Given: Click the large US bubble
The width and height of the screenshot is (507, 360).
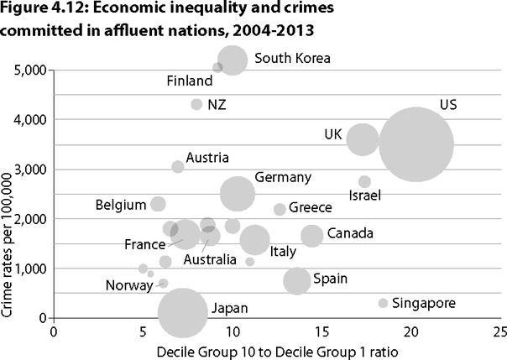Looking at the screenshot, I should point(416,144).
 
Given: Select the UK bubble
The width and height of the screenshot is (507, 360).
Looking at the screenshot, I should point(362,138).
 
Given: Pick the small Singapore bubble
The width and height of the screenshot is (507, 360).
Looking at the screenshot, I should point(384,303).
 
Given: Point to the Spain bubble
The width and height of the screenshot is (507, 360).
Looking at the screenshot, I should point(297,280).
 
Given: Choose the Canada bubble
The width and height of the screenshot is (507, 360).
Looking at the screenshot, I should point(312,236).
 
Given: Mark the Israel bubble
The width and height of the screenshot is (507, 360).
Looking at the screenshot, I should point(364,181).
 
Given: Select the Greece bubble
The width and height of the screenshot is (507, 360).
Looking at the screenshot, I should point(280,209).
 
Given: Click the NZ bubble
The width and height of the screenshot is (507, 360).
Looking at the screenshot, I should point(197,104).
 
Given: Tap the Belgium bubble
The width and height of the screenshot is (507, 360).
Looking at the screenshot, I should point(158,204).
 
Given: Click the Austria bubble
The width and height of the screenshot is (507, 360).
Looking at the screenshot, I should point(178,166).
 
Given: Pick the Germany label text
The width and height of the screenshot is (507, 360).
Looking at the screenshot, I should point(283,177).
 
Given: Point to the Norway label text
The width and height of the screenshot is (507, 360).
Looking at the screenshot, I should point(128,285).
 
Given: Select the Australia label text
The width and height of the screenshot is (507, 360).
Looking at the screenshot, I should point(210,260).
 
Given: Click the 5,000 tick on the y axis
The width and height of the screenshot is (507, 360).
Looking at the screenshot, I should point(29,70).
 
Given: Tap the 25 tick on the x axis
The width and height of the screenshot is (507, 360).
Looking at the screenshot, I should point(501,331).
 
